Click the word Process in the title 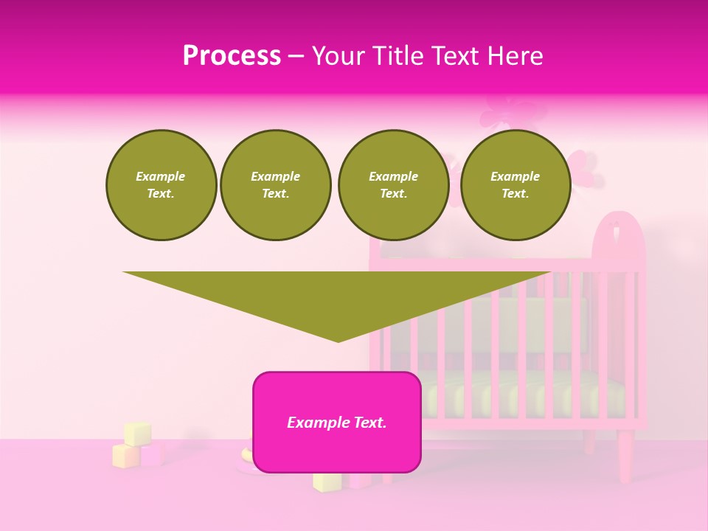232,56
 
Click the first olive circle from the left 161,185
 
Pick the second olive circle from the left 275,185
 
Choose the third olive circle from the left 393,185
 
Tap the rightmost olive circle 515,185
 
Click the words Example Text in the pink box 337,423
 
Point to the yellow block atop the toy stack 137,433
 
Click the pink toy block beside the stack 152,455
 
